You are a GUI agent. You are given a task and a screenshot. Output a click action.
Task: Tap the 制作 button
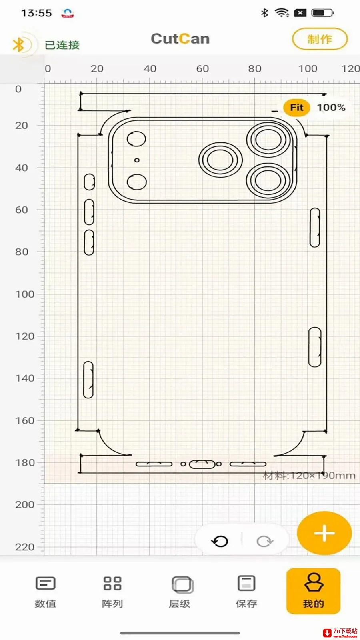coord(320,39)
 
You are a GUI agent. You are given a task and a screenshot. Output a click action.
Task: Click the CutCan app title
coord(180,38)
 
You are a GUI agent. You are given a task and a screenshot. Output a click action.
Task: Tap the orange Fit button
coord(296,108)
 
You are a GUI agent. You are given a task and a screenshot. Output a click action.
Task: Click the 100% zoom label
coord(331,108)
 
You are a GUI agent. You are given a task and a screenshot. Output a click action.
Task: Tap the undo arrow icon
coord(220,541)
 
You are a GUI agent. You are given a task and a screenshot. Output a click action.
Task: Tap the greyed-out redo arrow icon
coord(265,541)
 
